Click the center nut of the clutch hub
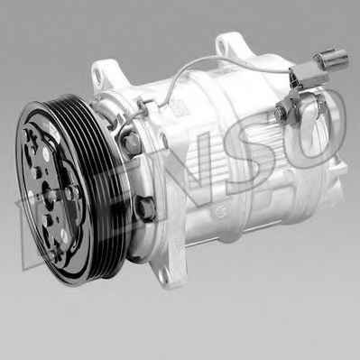71,191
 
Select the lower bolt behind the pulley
146,208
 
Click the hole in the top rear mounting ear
222,45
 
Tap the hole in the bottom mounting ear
164,279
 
